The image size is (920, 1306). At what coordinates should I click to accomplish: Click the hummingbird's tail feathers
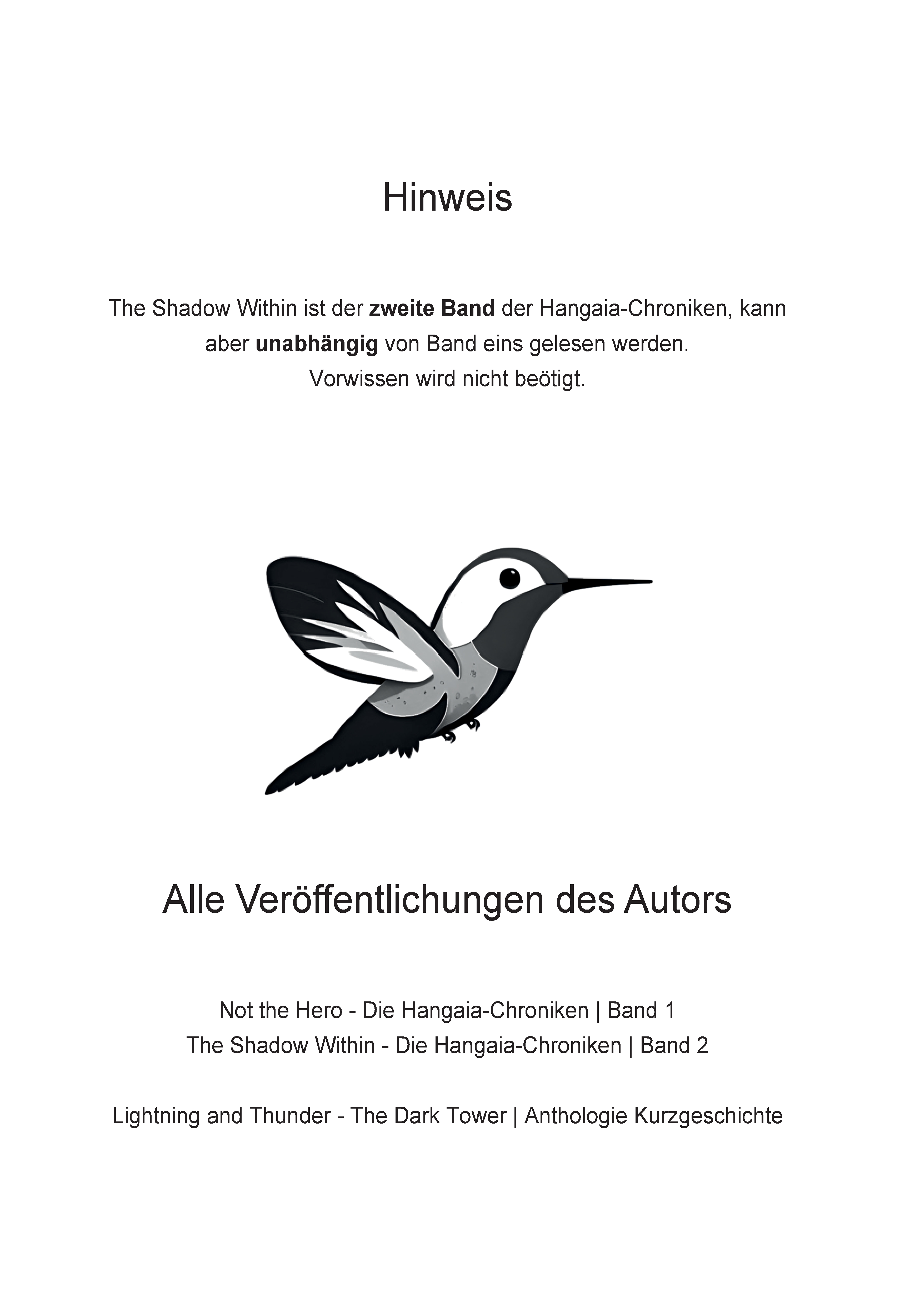tap(318, 762)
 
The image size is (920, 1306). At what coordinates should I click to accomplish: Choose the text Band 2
tap(674, 1045)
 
